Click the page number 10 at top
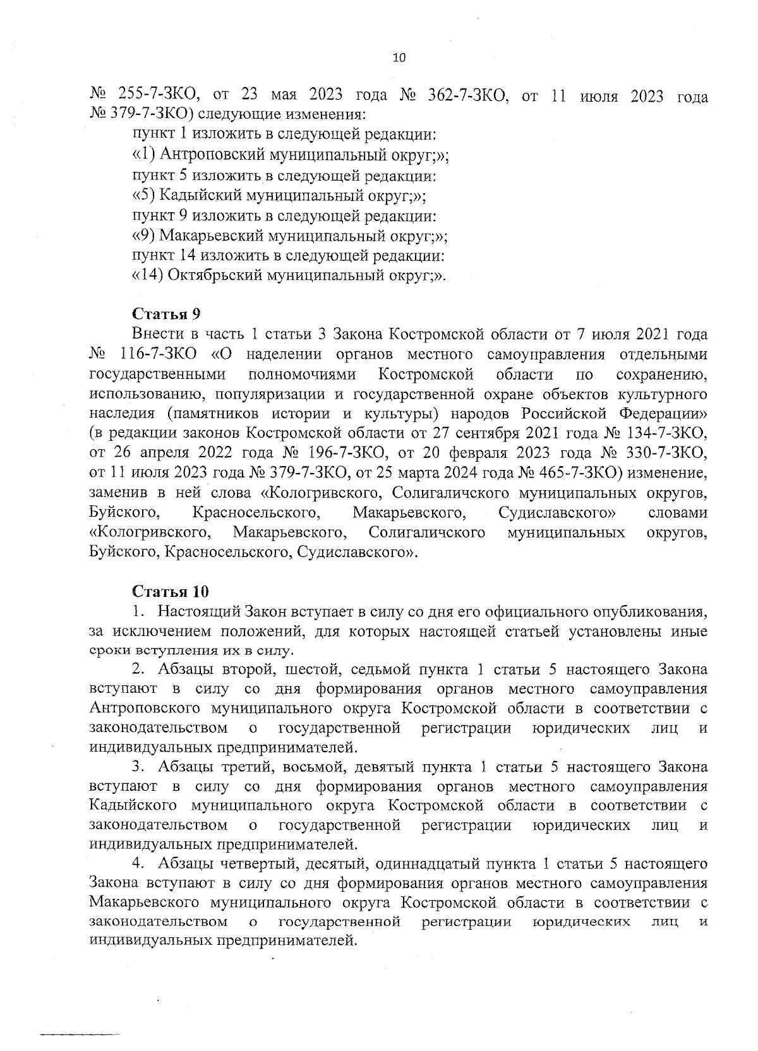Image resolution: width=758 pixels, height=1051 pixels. coord(399,58)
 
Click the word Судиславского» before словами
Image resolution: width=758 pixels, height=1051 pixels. coord(558,514)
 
